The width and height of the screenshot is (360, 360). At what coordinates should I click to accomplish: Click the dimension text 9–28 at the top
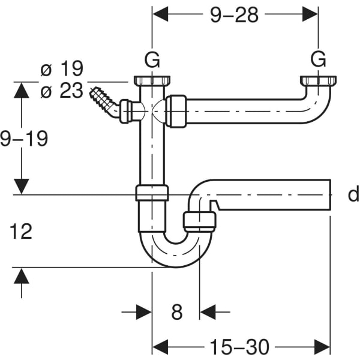pyautogui.click(x=234, y=15)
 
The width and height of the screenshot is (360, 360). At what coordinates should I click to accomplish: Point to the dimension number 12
pyautogui.click(x=21, y=231)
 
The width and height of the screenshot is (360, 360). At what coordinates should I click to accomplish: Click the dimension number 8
pyautogui.click(x=176, y=312)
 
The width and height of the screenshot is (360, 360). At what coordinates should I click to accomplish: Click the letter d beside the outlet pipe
pyautogui.click(x=353, y=194)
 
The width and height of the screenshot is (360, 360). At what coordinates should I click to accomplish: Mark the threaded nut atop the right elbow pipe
pyautogui.click(x=317, y=80)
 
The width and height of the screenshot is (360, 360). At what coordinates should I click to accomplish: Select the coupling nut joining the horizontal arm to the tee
pyautogui.click(x=176, y=111)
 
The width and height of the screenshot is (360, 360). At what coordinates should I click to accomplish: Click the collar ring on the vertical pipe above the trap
pyautogui.click(x=152, y=193)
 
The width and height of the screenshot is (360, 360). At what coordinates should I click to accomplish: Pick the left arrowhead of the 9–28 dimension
pyautogui.click(x=160, y=13)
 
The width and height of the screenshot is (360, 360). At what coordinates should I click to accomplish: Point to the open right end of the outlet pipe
pyautogui.click(x=329, y=194)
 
